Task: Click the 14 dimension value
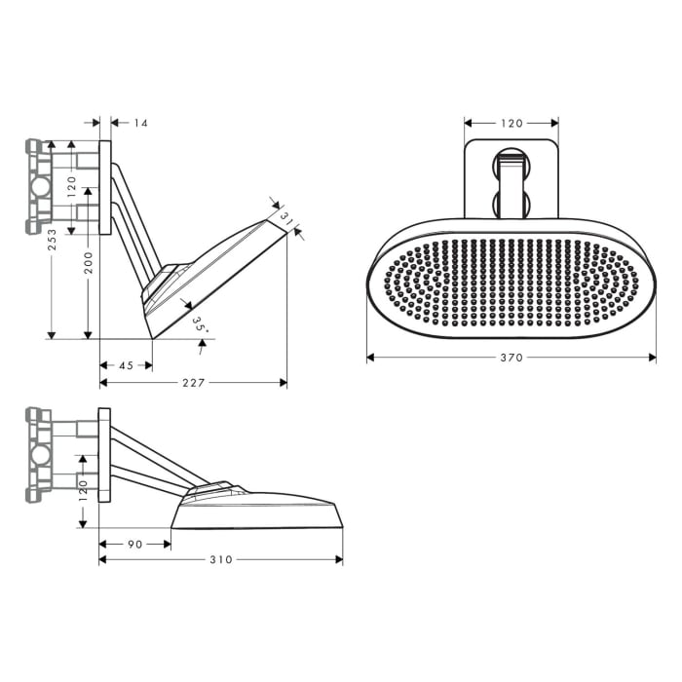pos(141,123)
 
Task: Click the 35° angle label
pos(199,324)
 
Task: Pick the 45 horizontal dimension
pos(126,365)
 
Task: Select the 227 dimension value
pos(193,383)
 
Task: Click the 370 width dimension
pos(511,358)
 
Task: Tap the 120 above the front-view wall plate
pos(511,123)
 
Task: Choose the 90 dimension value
pos(135,544)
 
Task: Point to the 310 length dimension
pos(221,559)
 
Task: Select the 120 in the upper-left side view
pos(71,185)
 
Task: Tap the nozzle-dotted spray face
pos(511,284)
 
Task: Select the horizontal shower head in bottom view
pos(258,511)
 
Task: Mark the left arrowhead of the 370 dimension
pos(370,358)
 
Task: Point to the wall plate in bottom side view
pos(104,454)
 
